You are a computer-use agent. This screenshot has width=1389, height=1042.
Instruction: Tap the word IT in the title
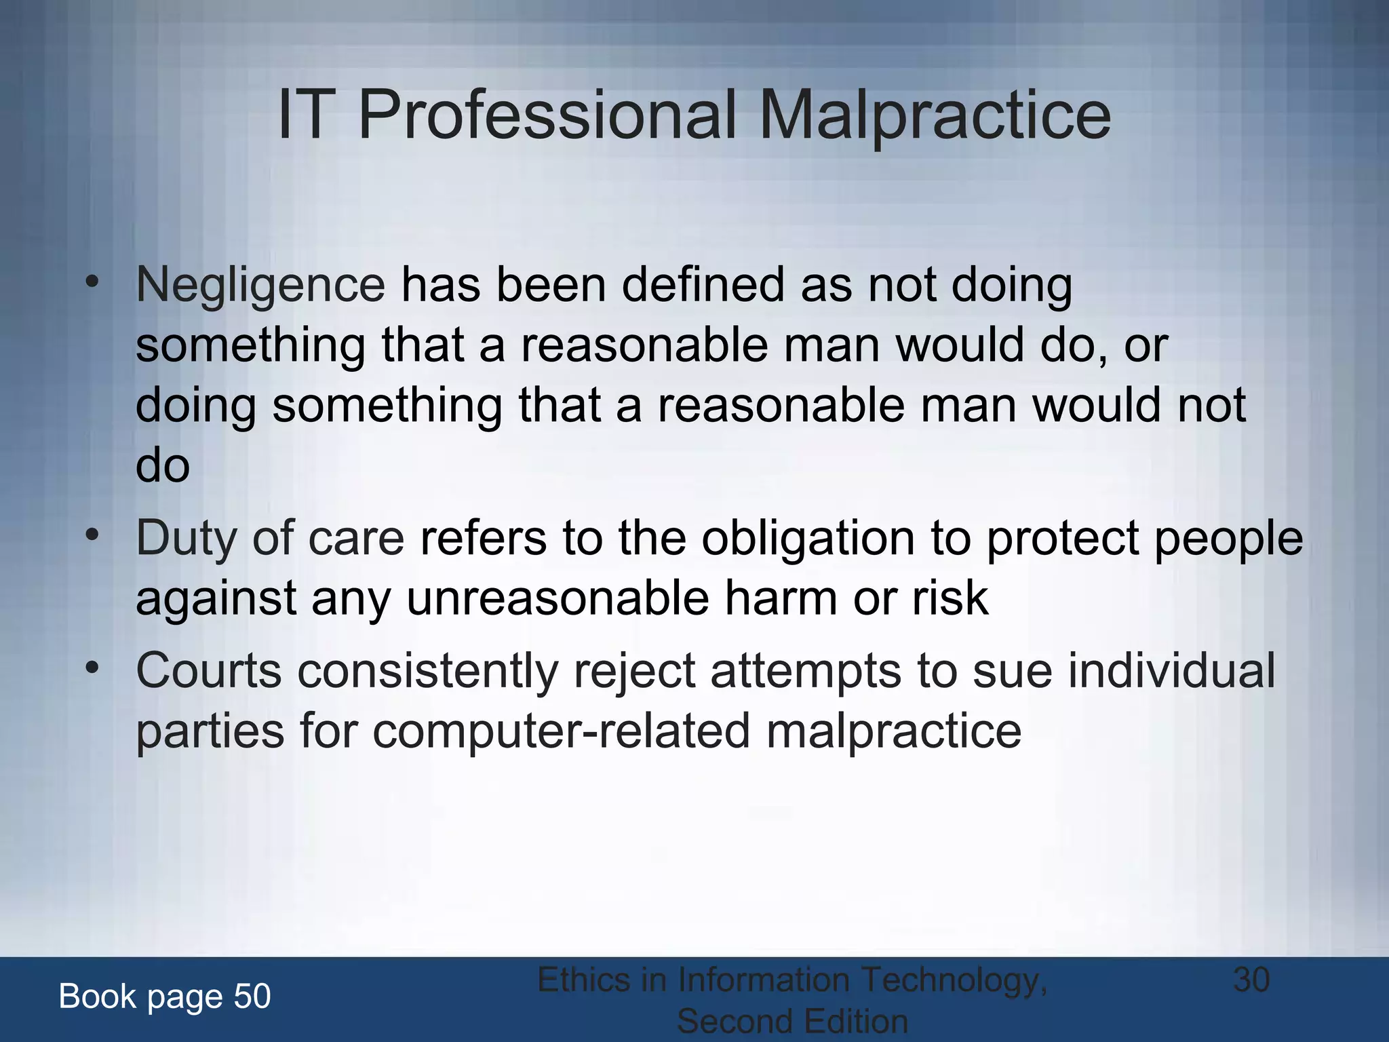pyautogui.click(x=305, y=116)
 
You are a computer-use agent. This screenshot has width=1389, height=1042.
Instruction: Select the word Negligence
pyautogui.click(x=260, y=286)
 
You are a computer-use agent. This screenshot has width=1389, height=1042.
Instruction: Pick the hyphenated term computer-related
pyautogui.click(x=561, y=732)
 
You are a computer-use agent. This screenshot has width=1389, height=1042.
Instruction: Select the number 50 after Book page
pyautogui.click(x=252, y=997)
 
